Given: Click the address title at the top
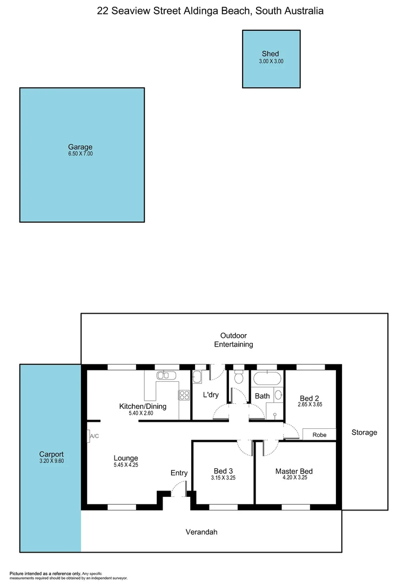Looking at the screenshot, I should [210, 11].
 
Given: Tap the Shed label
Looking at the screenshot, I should [270, 54].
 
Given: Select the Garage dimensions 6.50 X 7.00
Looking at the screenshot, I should [80, 154].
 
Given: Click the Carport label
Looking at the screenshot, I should [51, 454].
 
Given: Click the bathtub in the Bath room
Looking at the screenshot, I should [267, 378].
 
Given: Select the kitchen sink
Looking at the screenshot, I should [167, 375].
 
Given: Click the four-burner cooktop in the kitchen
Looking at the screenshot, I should [184, 395].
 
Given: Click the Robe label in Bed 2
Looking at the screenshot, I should [319, 435].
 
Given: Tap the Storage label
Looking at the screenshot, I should [364, 433].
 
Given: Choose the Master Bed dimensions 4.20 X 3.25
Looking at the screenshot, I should [294, 478].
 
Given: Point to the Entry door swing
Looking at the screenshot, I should [178, 489].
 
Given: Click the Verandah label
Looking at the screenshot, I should [201, 532].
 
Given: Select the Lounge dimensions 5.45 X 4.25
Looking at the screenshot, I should [126, 465].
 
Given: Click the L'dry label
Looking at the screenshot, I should [211, 395].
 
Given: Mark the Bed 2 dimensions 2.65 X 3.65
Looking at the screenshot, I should [310, 404].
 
